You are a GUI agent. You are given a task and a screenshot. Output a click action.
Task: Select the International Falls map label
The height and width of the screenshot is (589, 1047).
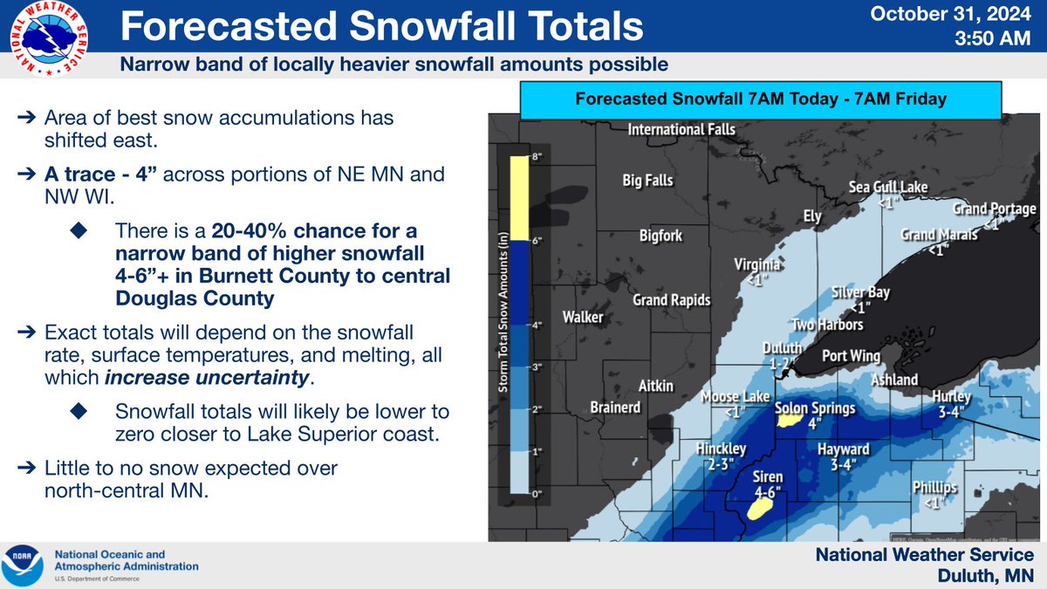pos(682,130)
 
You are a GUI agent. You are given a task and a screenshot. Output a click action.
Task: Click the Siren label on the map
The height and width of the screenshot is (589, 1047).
pos(768,477)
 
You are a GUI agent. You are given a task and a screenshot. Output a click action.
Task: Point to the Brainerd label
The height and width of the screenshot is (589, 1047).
pos(615,408)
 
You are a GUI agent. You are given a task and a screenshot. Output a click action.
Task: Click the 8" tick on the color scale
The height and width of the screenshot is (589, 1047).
pos(513,156)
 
